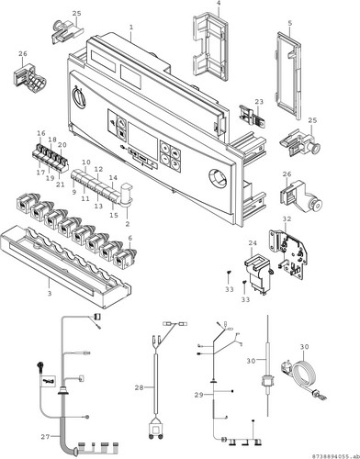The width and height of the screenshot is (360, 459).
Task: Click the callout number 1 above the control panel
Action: (131, 27)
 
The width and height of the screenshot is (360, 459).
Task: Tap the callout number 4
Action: (219, 5)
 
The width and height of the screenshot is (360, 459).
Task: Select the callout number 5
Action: (290, 23)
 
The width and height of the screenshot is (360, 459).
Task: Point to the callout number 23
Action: (259, 102)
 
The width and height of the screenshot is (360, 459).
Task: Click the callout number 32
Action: (287, 219)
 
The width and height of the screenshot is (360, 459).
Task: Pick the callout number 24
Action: (253, 243)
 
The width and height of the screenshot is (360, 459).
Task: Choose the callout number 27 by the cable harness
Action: (45, 437)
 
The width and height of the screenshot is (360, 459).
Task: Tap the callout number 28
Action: (139, 387)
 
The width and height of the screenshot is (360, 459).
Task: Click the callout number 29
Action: (199, 395)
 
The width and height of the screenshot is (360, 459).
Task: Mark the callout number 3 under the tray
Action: (50, 294)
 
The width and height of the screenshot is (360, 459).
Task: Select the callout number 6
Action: (130, 238)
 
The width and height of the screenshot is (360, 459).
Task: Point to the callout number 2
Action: (128, 224)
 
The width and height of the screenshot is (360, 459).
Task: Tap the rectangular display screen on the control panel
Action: (142, 138)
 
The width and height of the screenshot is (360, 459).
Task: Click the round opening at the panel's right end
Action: (219, 178)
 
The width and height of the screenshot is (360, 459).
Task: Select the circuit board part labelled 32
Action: (288, 252)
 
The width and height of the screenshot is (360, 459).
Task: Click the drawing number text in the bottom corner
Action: (334, 455)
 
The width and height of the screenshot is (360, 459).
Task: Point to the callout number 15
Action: (114, 215)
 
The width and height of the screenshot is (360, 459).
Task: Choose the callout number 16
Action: (41, 133)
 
